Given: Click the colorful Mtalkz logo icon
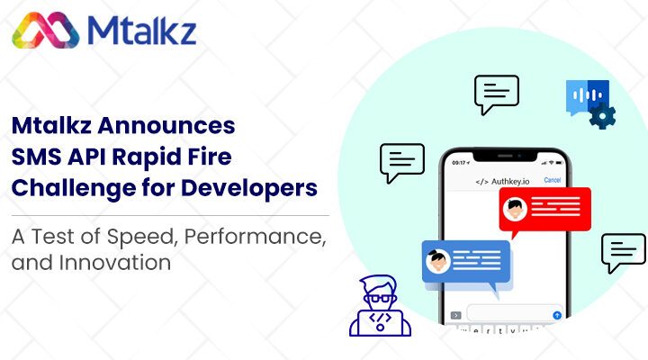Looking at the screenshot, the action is pos(46,31).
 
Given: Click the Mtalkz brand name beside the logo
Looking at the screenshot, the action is pos(142,31).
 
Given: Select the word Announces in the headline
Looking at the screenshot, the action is pos(166,125).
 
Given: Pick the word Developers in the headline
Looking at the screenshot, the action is pos(249,188).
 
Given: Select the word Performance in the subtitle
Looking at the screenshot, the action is pos(255,237).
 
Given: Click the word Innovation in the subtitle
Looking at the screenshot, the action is pos(115,263).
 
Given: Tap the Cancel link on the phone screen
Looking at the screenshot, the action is pos(552,180).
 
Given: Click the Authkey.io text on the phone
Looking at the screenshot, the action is pos(510,182).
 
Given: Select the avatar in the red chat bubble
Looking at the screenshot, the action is pos(515,209).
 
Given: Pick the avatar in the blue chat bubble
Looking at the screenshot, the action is pos(437,261).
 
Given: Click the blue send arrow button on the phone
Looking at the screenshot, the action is pos(557,315).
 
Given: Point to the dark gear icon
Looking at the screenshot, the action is pos(602,116).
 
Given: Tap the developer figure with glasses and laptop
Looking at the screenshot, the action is pos(380,306).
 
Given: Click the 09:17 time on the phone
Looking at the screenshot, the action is pos(459,162).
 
